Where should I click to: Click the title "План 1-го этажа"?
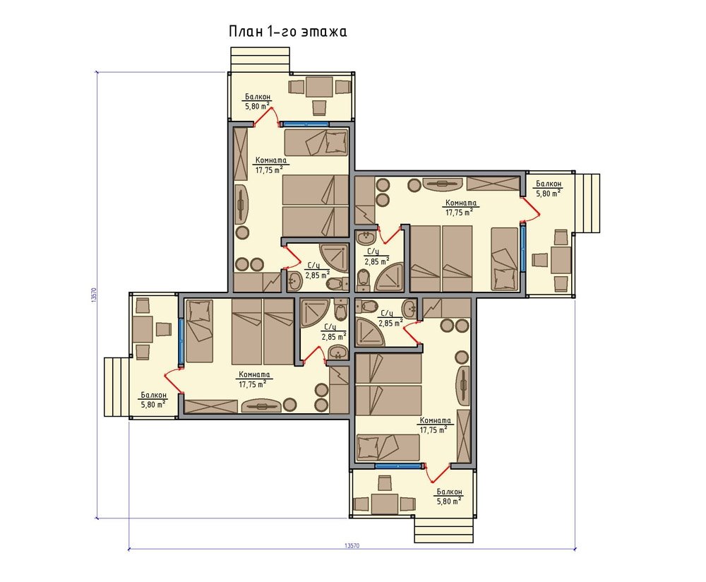[288, 32]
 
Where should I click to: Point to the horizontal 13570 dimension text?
[352, 545]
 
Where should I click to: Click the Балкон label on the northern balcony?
[258, 96]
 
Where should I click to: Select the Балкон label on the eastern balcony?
[549, 184]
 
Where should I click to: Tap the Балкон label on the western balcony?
[153, 395]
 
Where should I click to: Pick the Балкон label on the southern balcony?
[449, 492]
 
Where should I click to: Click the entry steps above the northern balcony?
[259, 59]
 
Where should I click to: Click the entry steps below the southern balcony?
[444, 530]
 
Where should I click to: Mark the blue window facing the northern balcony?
[304, 124]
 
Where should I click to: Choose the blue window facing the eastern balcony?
[522, 248]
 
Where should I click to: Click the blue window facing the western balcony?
[181, 342]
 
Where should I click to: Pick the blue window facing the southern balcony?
[399, 465]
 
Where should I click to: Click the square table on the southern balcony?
[384, 503]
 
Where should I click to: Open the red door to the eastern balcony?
[530, 210]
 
